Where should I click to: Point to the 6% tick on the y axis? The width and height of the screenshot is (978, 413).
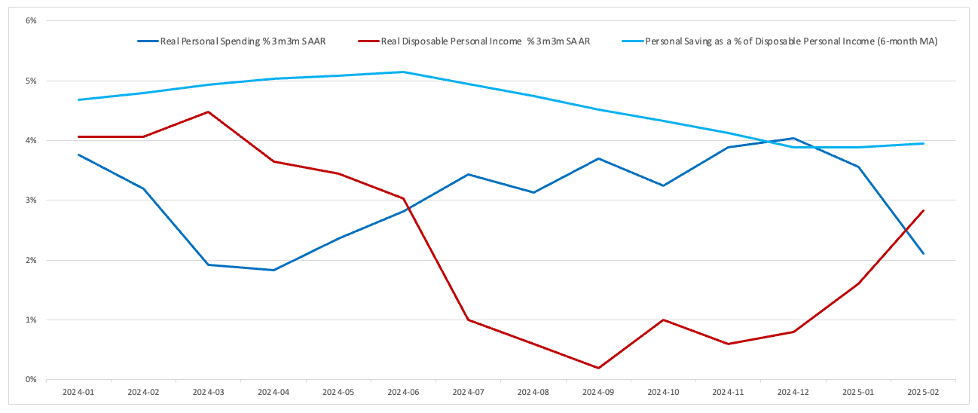(31, 20)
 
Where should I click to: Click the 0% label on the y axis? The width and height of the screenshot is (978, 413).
(31, 380)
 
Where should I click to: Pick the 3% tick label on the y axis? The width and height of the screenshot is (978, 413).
(31, 200)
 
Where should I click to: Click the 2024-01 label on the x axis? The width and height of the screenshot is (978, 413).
(78, 392)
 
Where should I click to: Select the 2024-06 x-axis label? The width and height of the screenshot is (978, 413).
(403, 392)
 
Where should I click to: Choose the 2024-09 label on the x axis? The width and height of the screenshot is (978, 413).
(598, 392)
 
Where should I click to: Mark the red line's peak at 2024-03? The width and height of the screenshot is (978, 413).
(208, 112)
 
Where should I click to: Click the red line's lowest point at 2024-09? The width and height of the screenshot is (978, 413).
(598, 368)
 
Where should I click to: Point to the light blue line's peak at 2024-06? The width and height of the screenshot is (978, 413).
(403, 72)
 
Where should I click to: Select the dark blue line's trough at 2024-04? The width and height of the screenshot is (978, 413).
(273, 270)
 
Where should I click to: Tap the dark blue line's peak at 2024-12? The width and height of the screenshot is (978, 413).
(793, 138)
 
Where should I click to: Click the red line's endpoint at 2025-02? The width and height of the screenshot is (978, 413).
(924, 210)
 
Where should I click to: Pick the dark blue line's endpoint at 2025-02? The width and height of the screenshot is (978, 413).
(924, 254)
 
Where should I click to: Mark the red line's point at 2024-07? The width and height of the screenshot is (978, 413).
(468, 320)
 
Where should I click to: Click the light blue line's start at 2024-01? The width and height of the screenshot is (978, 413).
(78, 99)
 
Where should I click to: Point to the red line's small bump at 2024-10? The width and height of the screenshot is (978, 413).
(663, 320)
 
